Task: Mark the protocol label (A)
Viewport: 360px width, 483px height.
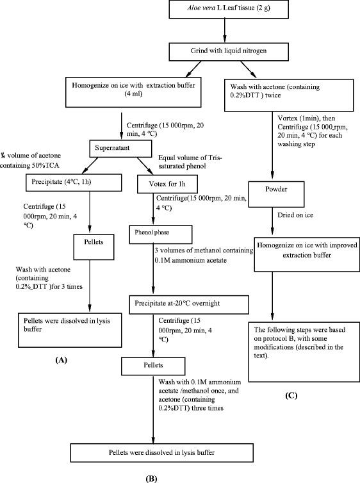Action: (x=63, y=360)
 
